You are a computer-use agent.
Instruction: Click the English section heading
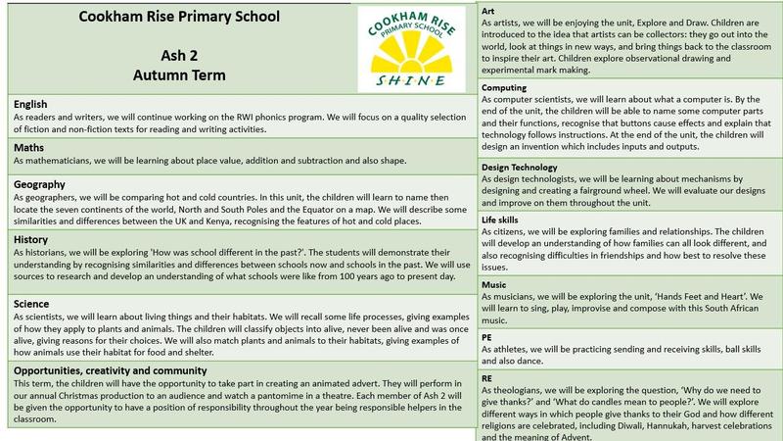pos(32,104)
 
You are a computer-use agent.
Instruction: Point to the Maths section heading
pos(28,148)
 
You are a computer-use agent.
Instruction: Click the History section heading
pos(32,239)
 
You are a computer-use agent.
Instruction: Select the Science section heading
pos(33,303)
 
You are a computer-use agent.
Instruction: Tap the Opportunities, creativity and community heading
pos(110,370)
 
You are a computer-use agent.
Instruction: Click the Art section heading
pos(489,10)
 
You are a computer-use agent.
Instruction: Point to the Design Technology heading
pos(521,168)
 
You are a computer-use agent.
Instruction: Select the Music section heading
pos(494,284)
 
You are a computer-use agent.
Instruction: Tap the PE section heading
pos(488,336)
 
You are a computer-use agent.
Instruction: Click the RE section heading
pos(488,375)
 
